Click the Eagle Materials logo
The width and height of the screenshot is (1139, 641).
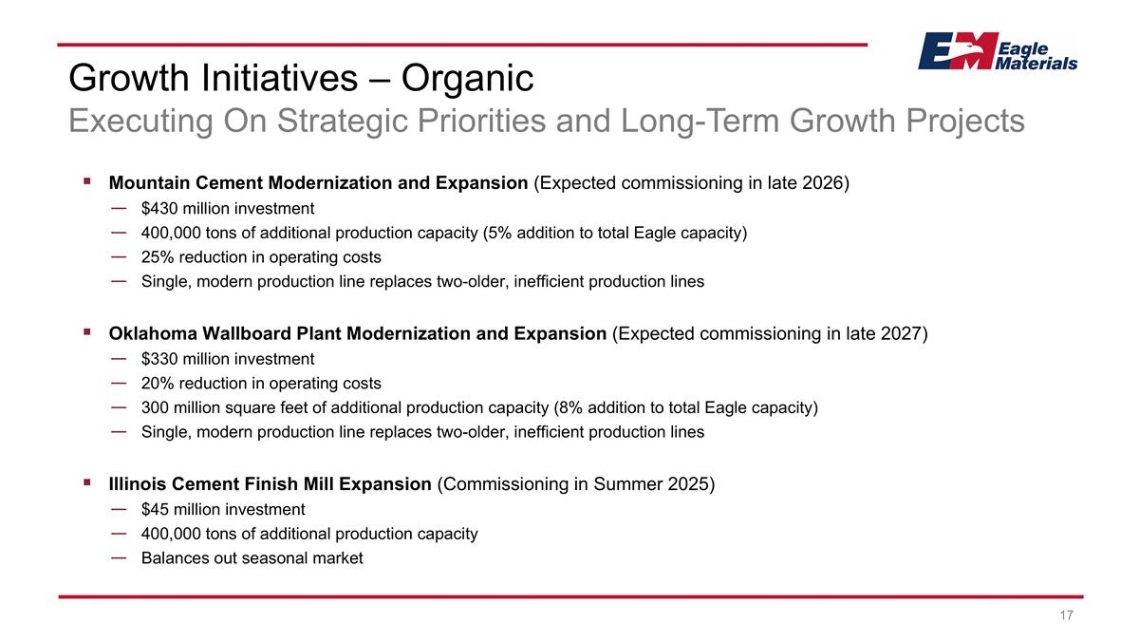997,51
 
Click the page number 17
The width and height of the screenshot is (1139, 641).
1066,616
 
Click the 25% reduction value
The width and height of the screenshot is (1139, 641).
158,257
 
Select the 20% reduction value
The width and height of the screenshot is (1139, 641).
158,384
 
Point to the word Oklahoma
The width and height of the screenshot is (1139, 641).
150,333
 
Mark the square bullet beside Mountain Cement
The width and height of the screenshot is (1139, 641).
86,181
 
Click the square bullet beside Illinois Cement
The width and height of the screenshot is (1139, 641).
86,482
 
